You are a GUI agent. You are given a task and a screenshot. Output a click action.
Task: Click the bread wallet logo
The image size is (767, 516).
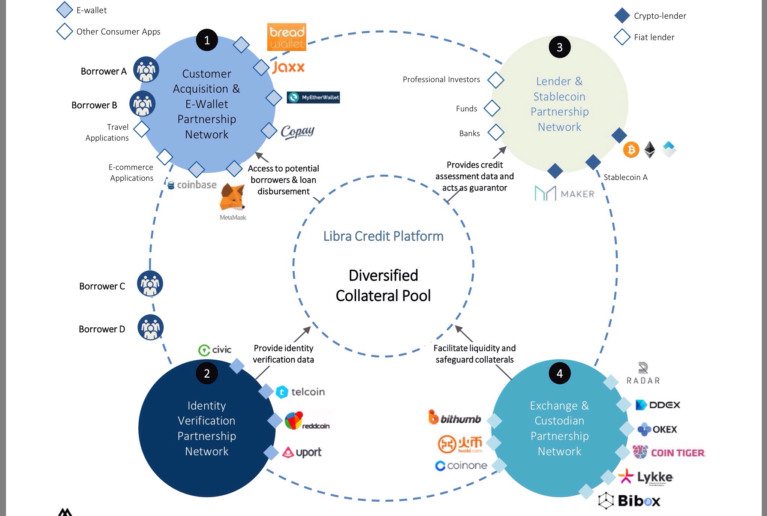click(x=286, y=37)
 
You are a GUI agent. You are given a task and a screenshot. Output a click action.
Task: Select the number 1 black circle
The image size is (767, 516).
click(x=207, y=40)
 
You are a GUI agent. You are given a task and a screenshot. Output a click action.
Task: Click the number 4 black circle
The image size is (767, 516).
click(x=559, y=373)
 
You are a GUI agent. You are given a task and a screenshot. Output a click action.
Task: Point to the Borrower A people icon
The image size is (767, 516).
click(x=146, y=69)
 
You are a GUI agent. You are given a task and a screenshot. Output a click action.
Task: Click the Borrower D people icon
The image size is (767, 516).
click(x=150, y=327)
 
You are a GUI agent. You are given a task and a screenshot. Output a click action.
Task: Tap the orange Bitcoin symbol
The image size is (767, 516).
click(x=631, y=150)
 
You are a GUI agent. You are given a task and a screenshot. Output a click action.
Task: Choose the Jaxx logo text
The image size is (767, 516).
click(x=288, y=67)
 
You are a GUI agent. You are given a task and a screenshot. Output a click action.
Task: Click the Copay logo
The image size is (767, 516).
click(x=297, y=132)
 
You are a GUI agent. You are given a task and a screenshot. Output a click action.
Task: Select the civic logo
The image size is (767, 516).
click(x=215, y=350)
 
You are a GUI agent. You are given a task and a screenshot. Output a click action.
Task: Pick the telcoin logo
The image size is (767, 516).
click(x=300, y=392)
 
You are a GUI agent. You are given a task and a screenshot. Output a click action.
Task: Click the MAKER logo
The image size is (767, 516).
click(x=564, y=193)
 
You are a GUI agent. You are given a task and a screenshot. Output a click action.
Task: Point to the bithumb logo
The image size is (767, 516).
click(x=454, y=418)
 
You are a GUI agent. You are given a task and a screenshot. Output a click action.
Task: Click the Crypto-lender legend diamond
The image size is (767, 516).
click(x=622, y=16)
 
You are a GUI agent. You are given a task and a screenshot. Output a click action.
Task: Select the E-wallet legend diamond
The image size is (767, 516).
click(x=64, y=10)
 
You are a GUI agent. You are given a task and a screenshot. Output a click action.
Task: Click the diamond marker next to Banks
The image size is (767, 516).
click(x=496, y=133)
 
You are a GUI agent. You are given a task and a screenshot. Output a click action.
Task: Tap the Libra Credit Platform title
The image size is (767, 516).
click(x=383, y=236)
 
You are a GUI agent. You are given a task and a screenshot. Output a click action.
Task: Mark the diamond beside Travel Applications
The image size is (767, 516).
click(x=142, y=129)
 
